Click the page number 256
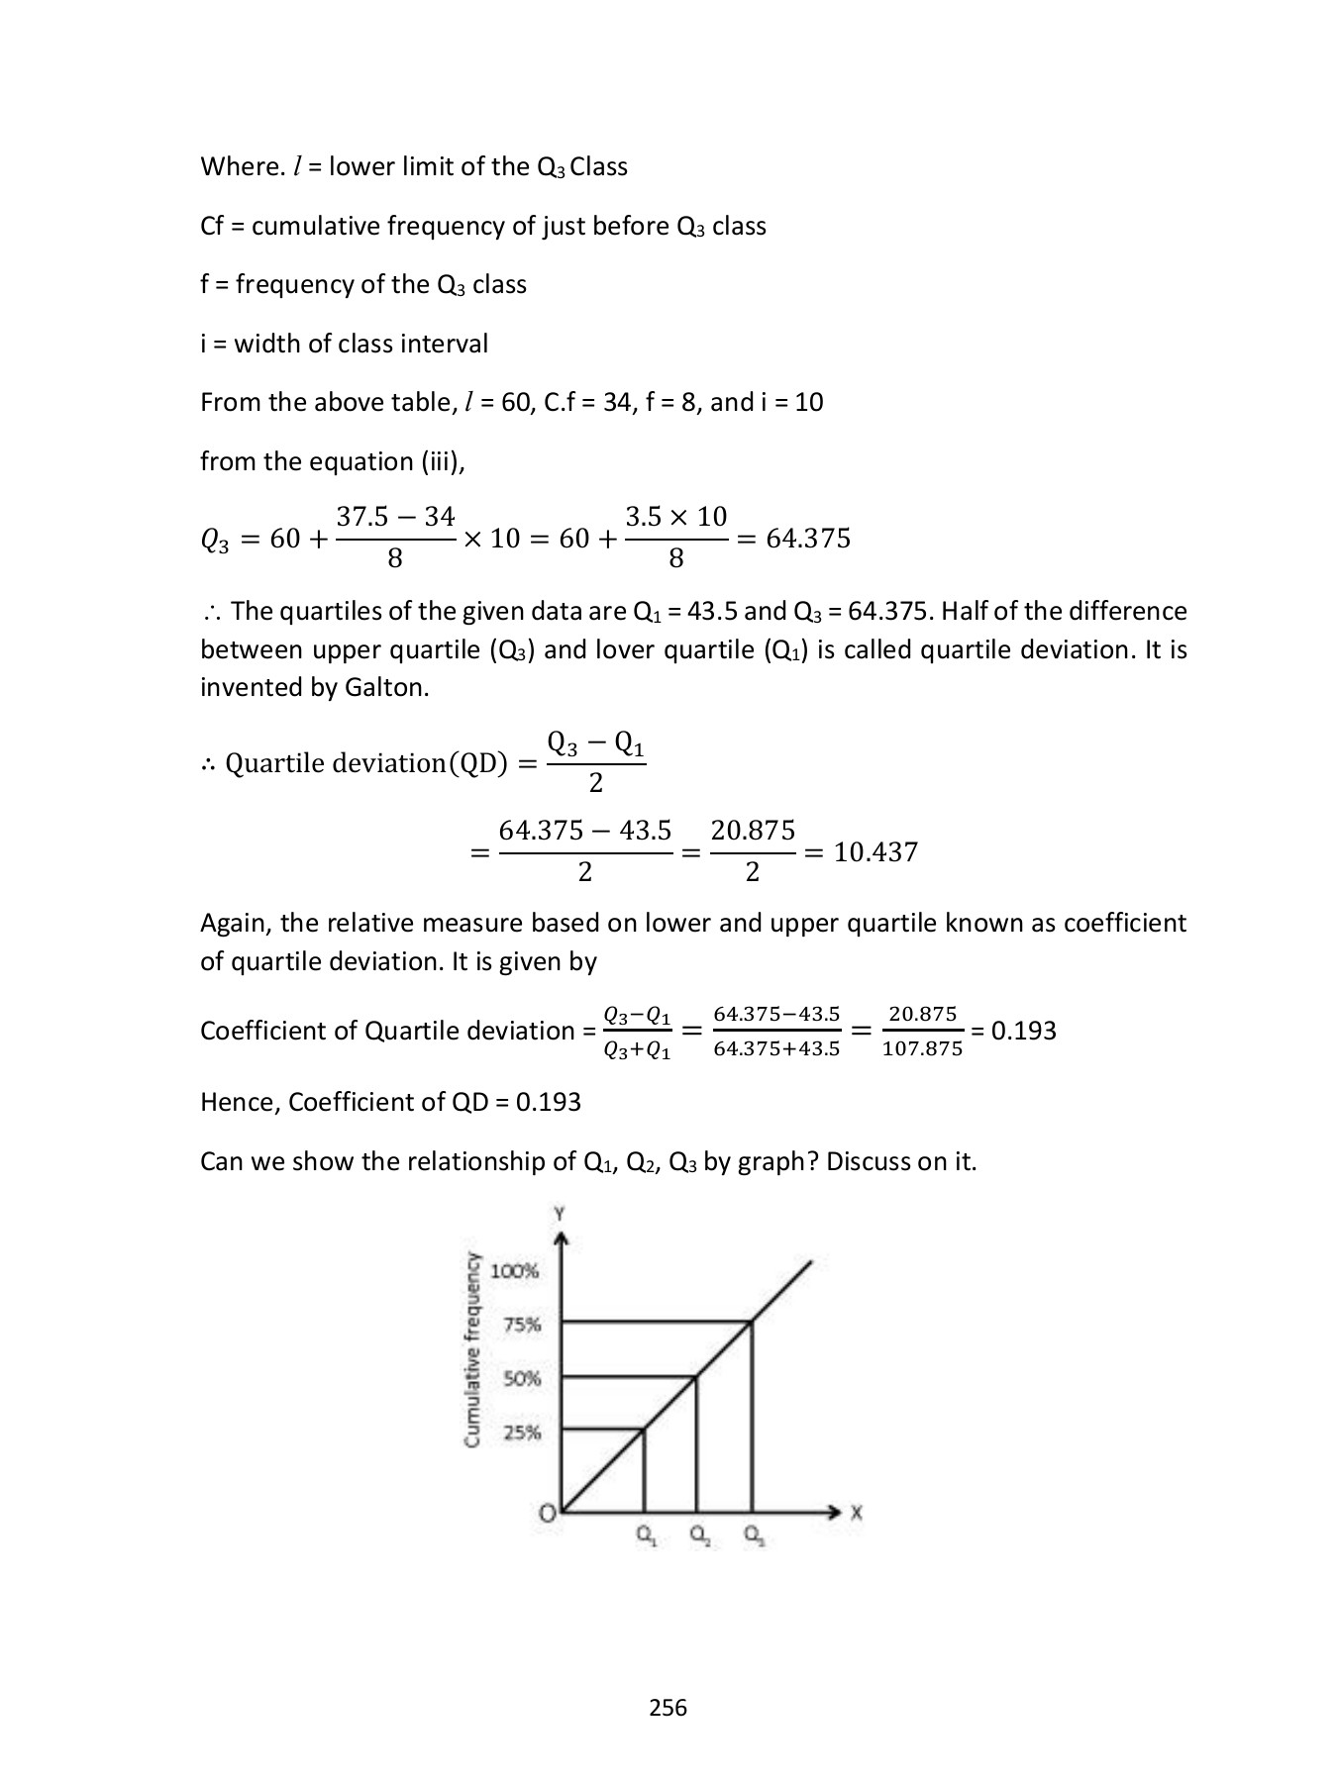[668, 1707]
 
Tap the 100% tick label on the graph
[515, 1271]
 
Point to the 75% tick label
[522, 1325]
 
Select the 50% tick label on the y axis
[522, 1378]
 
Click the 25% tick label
[522, 1433]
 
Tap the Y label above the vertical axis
[561, 1214]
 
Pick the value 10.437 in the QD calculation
[875, 851]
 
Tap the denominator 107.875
[922, 1049]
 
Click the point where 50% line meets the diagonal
[697, 1376]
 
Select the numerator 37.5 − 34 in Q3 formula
[395, 517]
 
